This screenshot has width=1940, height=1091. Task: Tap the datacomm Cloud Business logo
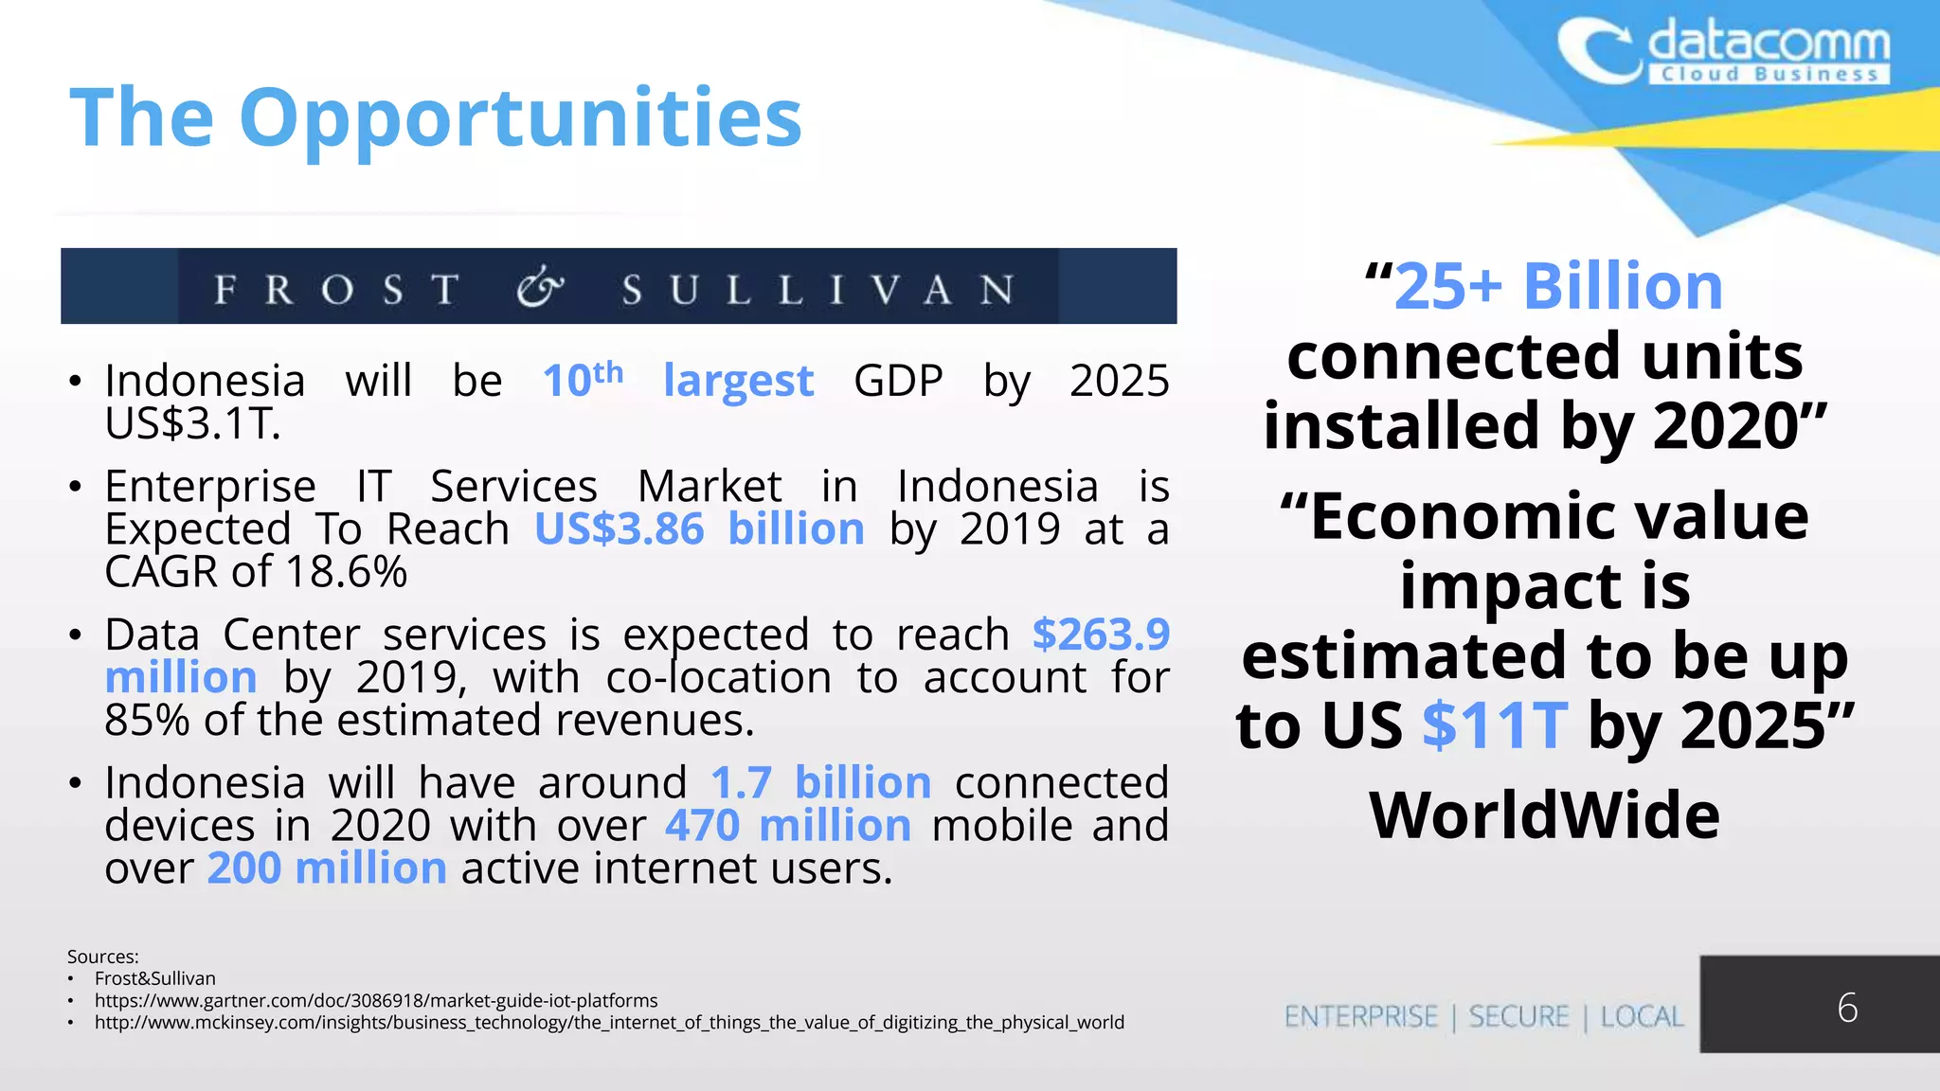(x=1724, y=54)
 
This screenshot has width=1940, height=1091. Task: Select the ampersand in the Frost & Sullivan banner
(x=540, y=287)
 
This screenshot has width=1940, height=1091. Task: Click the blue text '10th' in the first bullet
(x=583, y=380)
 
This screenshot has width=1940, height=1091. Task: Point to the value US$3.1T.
(x=192, y=423)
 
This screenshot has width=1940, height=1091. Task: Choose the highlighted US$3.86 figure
(x=620, y=528)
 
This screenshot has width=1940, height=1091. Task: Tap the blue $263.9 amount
(x=1101, y=635)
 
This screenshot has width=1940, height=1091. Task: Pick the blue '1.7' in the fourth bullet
(x=741, y=783)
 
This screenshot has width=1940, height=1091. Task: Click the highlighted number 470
(x=702, y=826)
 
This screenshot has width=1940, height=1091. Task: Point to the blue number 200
(x=244, y=868)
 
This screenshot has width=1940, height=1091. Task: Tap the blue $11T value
(x=1495, y=726)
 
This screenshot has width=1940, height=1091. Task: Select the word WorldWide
(x=1544, y=814)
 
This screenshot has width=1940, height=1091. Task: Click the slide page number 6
(x=1847, y=1008)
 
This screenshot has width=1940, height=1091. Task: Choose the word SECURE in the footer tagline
(x=1518, y=1017)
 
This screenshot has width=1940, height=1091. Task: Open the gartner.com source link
(x=376, y=1001)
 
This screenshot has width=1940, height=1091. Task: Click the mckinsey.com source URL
(x=609, y=1023)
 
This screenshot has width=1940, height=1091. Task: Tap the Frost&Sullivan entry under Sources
(x=155, y=979)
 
